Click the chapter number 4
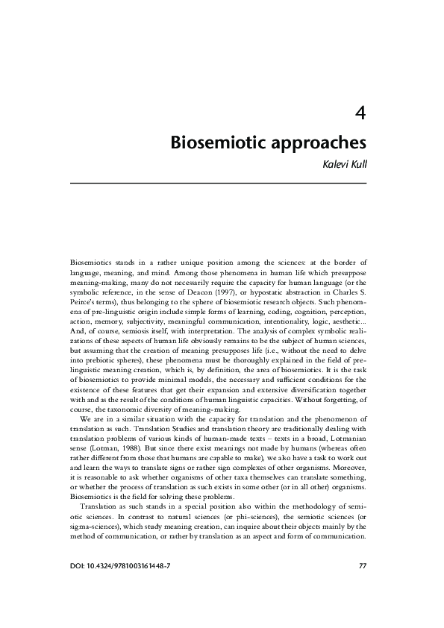pyautogui.click(x=360, y=113)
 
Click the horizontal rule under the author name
pyautogui.click(x=218, y=183)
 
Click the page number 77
pyautogui.click(x=363, y=565)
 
